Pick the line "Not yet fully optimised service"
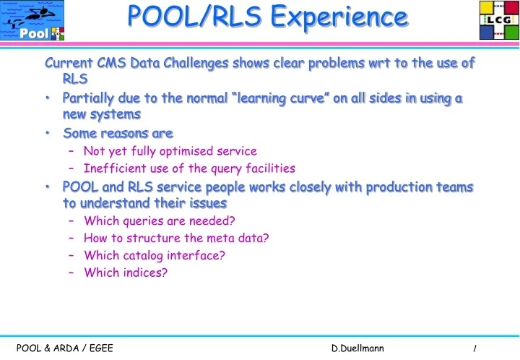(x=170, y=151)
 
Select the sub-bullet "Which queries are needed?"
(x=160, y=220)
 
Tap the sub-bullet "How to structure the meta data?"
(x=176, y=238)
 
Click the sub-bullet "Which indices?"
(x=126, y=273)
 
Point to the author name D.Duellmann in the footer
(x=358, y=348)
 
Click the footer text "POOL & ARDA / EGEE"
(x=64, y=348)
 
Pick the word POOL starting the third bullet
(x=78, y=187)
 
